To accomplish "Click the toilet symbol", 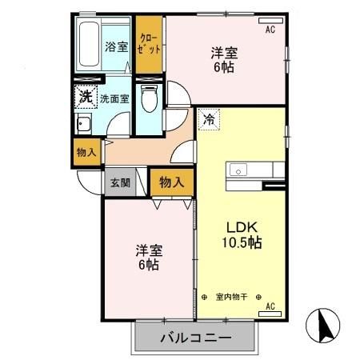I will pyautogui.click(x=147, y=101).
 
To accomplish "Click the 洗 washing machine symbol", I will pyautogui.click(x=86, y=98).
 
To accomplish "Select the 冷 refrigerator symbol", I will pyautogui.click(x=208, y=119).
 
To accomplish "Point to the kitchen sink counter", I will pyautogui.click(x=256, y=171).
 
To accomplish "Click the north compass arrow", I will pyautogui.click(x=326, y=325).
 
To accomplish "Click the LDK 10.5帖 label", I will pyautogui.click(x=242, y=232).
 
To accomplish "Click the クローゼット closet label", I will pyautogui.click(x=149, y=43).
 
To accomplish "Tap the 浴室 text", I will pyautogui.click(x=117, y=46).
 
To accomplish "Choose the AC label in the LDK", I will pyautogui.click(x=270, y=306).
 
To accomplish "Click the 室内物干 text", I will pyautogui.click(x=233, y=297).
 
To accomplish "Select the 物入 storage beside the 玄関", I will pyautogui.click(x=171, y=182).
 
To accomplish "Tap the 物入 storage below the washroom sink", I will pyautogui.click(x=87, y=152).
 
